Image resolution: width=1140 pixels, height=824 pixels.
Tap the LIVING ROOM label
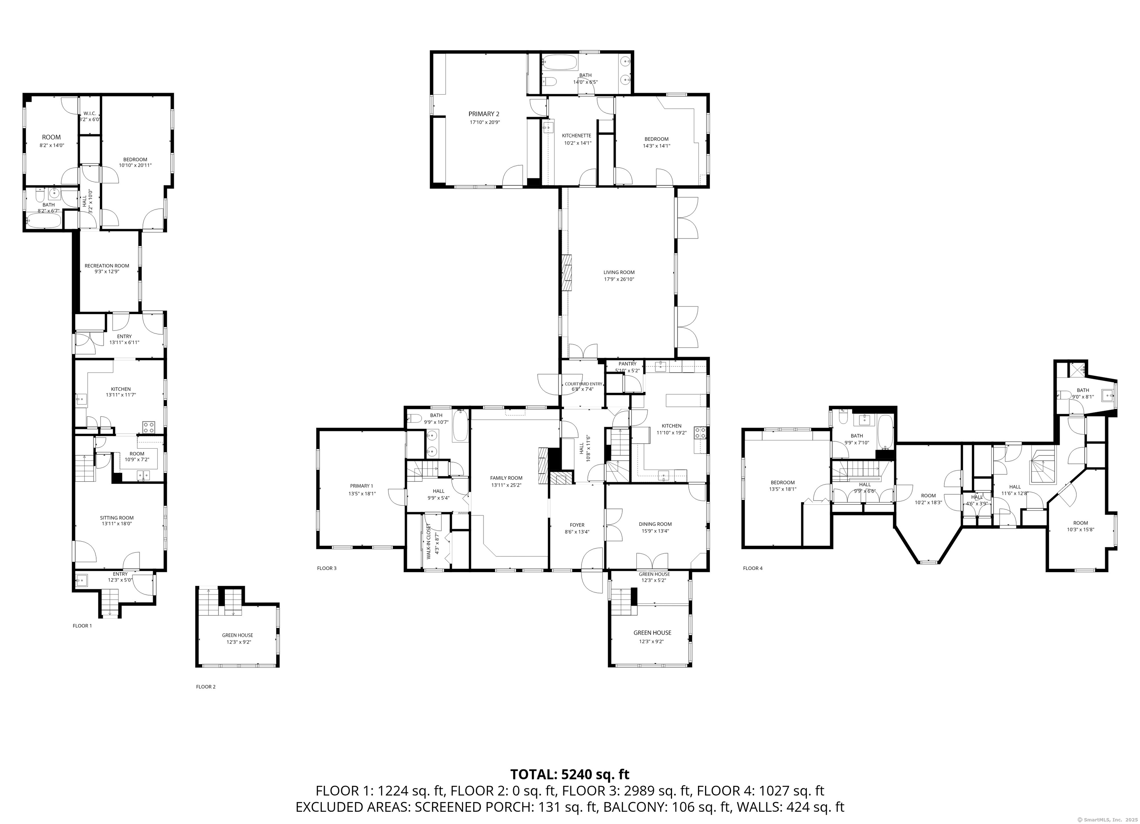coord(619,272)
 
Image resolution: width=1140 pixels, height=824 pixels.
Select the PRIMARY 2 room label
coord(484,114)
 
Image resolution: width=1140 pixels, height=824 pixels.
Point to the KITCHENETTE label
coord(577,136)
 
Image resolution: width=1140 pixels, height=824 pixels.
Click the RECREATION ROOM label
coord(107,266)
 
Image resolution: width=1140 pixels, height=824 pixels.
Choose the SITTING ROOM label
coord(117,518)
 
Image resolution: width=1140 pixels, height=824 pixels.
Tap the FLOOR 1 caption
coord(82,626)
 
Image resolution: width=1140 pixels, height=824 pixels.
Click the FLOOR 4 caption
coord(753,568)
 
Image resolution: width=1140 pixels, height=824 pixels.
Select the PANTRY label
coord(627,364)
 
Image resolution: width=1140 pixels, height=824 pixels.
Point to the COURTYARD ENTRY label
coord(583,384)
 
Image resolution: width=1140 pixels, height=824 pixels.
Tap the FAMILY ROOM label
coord(506,478)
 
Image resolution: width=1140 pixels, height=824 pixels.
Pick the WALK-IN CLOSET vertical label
coord(429,542)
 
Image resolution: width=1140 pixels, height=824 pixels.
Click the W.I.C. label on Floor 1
coord(89,113)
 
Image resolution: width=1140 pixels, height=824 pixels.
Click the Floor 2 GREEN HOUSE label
coord(237,635)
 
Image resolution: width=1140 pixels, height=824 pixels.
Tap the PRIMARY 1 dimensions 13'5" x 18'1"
coord(362,493)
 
